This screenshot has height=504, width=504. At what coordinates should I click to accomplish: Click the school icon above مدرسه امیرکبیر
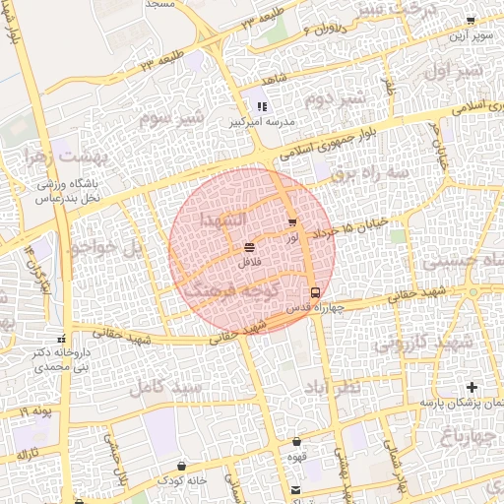coord(261,105)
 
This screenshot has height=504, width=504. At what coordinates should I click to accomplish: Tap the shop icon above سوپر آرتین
coord(471,20)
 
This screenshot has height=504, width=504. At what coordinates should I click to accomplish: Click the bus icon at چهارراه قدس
coord(315,292)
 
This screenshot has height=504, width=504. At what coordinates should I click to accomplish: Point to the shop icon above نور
coord(291,222)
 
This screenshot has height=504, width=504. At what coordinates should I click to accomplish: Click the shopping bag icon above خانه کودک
coord(181,465)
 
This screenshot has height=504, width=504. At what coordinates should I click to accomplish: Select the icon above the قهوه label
coord(296,442)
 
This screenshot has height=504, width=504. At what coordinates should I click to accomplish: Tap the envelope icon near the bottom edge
coord(296,489)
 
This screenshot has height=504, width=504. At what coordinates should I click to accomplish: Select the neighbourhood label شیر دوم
coord(334,99)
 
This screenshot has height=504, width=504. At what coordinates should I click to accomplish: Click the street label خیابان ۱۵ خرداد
coord(350,229)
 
